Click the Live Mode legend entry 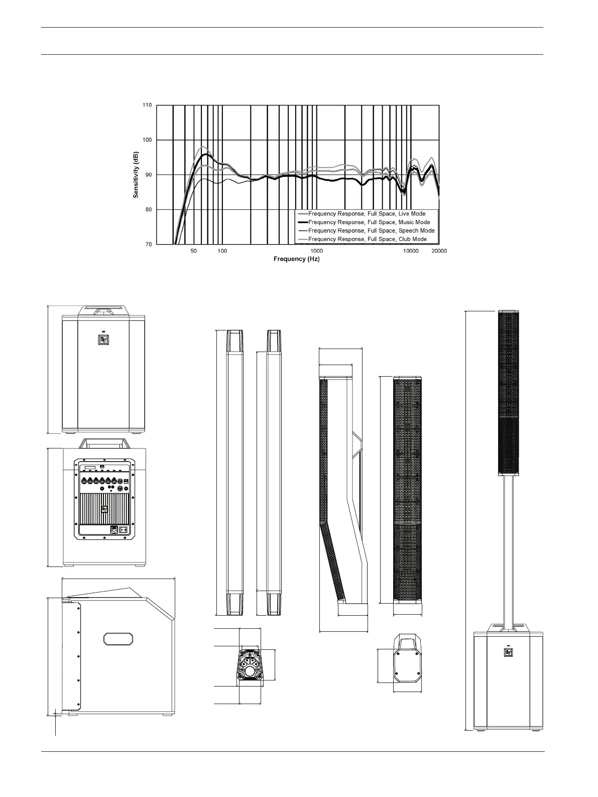tap(367, 213)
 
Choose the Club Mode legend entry tap(367, 239)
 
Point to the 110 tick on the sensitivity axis tap(147, 105)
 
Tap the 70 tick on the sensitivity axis tap(149, 245)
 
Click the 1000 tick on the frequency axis tap(316, 251)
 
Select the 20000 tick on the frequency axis tap(439, 251)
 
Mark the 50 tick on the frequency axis tap(193, 251)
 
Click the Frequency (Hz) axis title tap(296, 259)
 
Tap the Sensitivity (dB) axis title tap(136, 175)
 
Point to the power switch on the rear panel tap(124, 529)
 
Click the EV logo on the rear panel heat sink tap(104, 509)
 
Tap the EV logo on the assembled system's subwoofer tap(508, 652)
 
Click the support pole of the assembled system tap(508, 550)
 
